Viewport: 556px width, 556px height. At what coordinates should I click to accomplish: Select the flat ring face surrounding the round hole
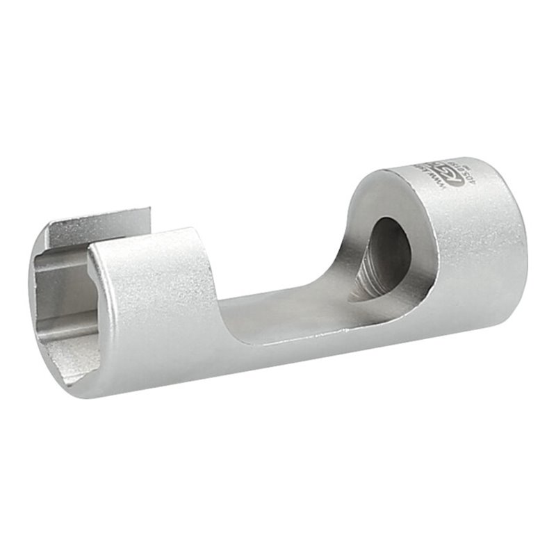(368, 208)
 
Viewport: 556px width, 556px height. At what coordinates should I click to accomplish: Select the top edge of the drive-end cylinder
(452, 164)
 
